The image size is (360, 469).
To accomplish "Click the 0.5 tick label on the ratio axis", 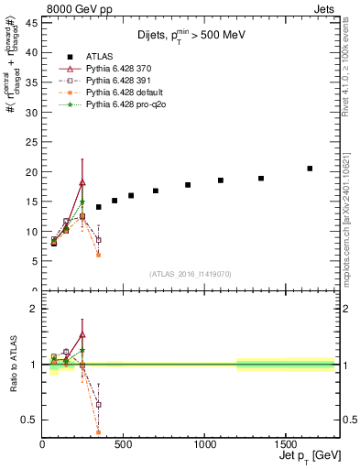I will click(28, 420).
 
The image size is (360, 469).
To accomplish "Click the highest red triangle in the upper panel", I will click(82, 181).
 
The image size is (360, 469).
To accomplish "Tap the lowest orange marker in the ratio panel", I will click(98, 431).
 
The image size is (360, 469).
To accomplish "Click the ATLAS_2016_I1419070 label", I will click(189, 274).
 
